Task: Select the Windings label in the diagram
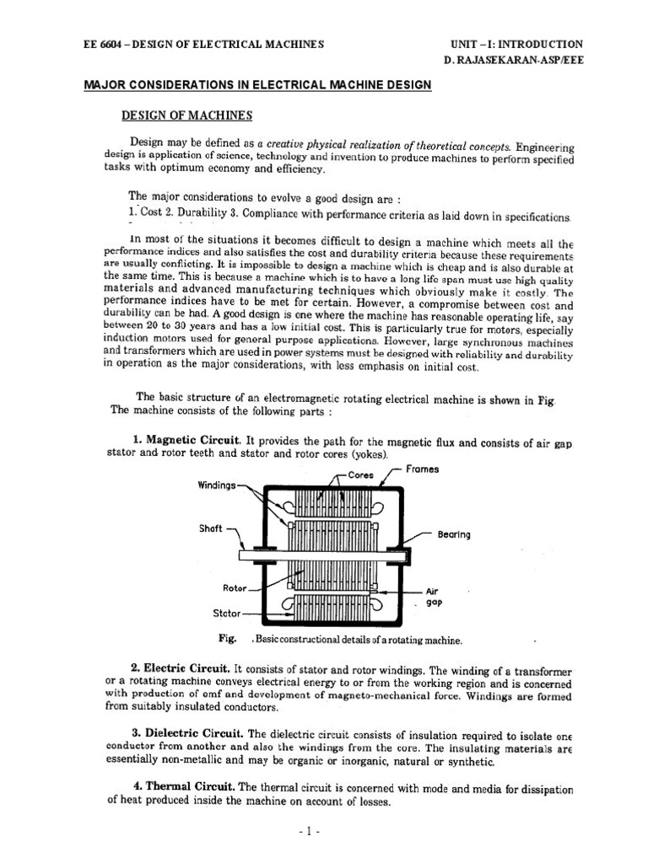click(x=217, y=485)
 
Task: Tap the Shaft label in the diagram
click(x=210, y=528)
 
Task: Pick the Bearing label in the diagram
click(x=455, y=534)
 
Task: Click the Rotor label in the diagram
click(x=234, y=588)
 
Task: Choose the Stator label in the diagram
click(x=225, y=614)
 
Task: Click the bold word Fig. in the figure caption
click(x=227, y=639)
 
